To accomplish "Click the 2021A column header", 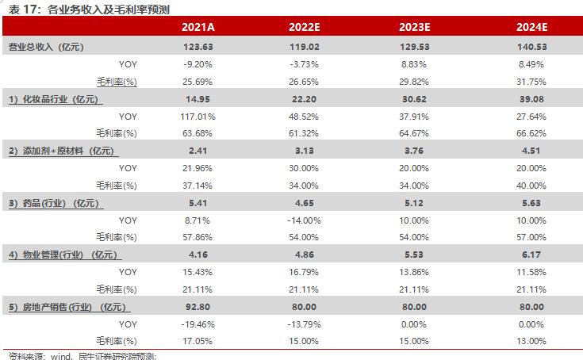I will (198, 28).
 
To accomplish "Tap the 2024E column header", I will (527, 28).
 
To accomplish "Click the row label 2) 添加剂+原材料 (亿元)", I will (61, 151).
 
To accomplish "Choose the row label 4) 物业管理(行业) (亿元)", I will (61, 255).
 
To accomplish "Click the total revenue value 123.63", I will (198, 47).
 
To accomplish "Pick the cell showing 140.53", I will (527, 47).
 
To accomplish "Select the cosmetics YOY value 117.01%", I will (198, 116).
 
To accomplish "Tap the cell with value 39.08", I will (527, 99).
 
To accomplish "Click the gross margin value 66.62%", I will (527, 132).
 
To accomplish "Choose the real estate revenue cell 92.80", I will (198, 307).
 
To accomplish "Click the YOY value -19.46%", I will (198, 324).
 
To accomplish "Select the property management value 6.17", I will (527, 255).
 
